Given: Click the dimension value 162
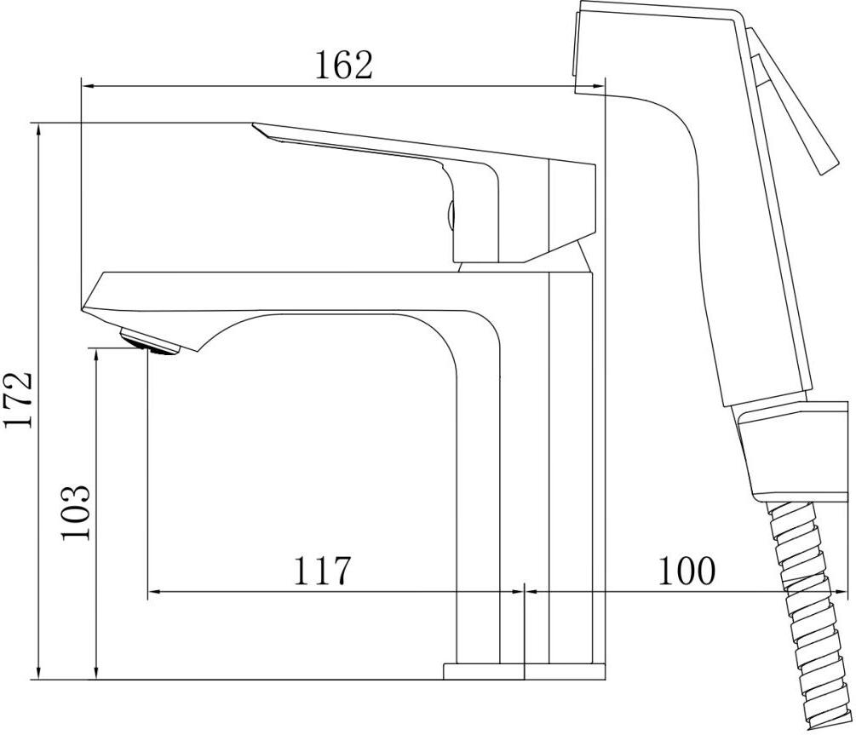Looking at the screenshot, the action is click(344, 65).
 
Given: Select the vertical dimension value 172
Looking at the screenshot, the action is click(19, 400).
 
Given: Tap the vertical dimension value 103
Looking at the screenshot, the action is click(75, 513).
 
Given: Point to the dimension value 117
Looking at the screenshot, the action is click(321, 571).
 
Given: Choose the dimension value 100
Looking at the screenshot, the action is click(686, 571).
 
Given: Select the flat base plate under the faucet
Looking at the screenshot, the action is click(524, 672).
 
